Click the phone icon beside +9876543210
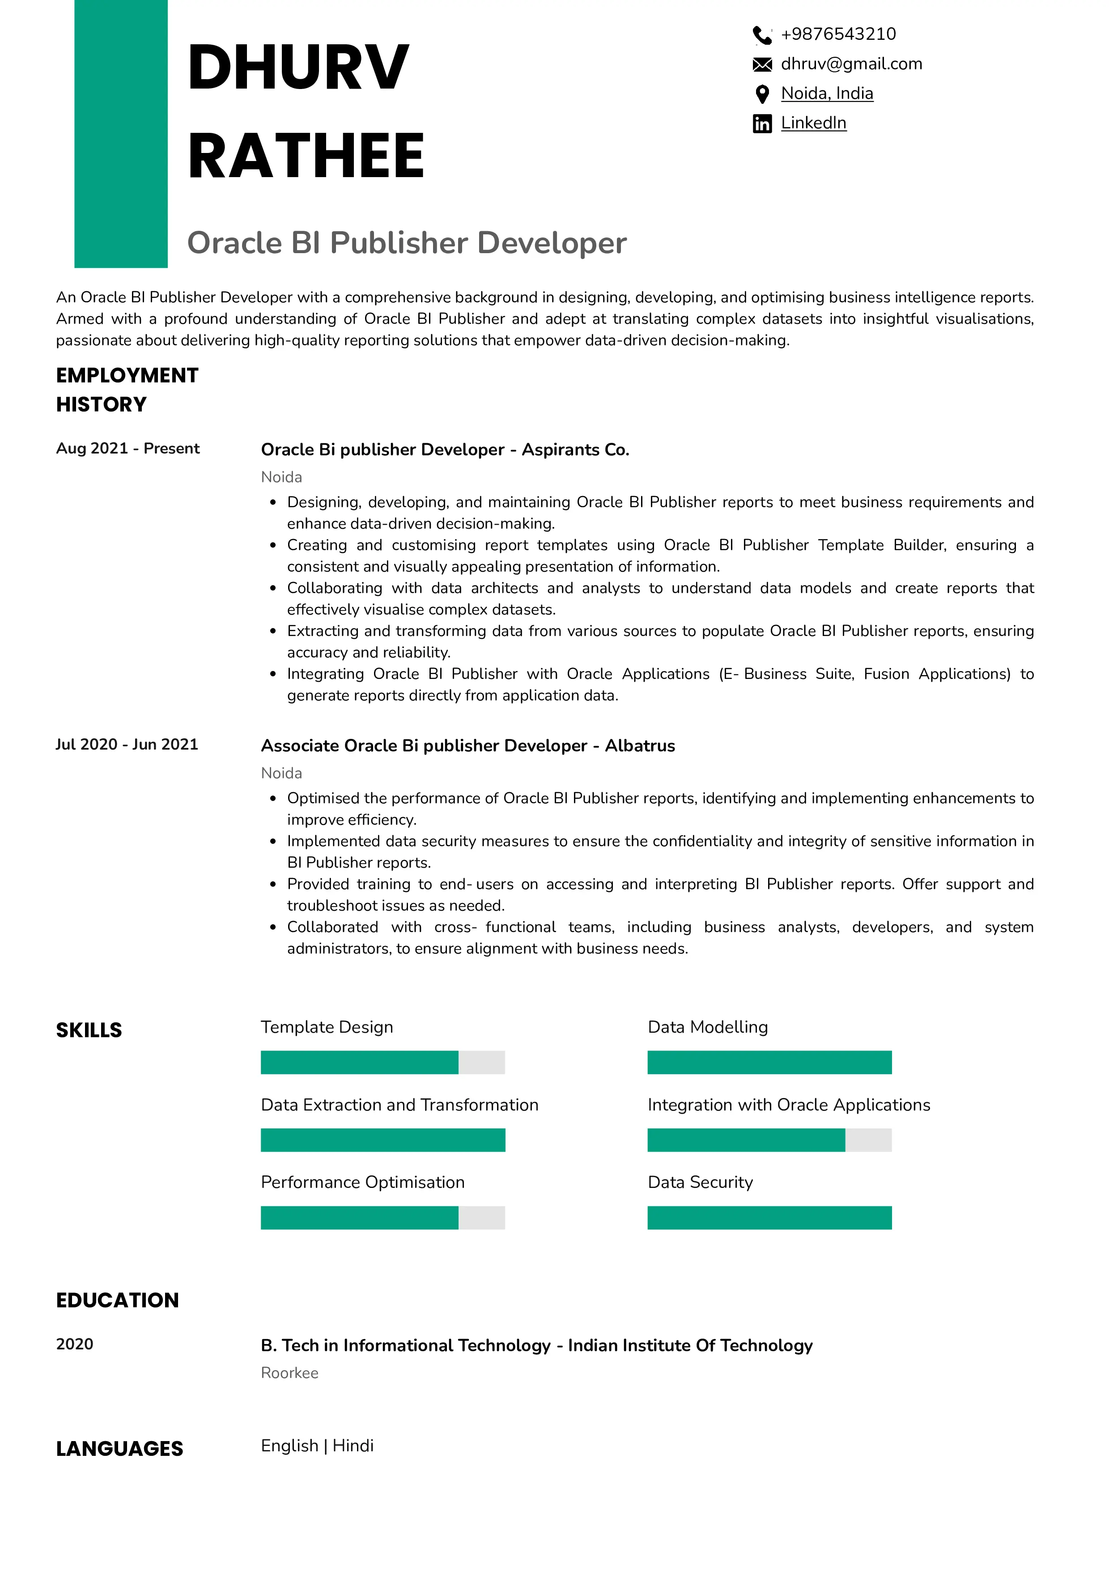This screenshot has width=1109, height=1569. coord(762,34)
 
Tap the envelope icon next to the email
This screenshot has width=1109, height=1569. coord(762,64)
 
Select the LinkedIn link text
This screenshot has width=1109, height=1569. coord(813,123)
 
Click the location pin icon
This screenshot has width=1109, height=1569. coord(762,93)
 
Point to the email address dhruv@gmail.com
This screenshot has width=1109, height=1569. coord(851,64)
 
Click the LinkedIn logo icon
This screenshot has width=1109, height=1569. coord(762,124)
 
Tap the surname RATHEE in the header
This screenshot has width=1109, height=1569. coord(306,156)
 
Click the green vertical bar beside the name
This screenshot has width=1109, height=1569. coord(121,133)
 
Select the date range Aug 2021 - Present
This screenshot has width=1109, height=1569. coord(128,448)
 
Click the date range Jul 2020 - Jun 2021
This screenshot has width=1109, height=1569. coord(127,744)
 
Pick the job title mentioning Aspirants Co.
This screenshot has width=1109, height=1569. coord(445,449)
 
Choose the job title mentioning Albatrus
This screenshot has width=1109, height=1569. coord(467,746)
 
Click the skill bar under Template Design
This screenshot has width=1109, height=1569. coord(382,1062)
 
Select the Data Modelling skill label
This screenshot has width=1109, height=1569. coord(707,1027)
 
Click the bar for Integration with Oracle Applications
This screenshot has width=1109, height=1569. coord(769,1140)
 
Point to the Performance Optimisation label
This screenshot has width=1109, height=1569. coord(362,1182)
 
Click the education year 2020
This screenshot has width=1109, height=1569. coord(74,1344)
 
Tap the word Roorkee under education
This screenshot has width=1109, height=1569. coord(290,1373)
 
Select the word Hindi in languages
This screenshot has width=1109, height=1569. coord(353,1445)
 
